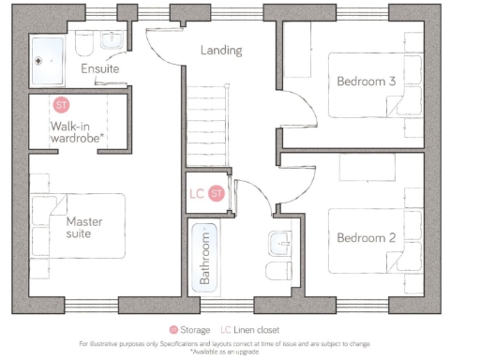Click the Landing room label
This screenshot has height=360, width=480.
pos(221,50)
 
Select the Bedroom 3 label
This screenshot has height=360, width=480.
pos(365,82)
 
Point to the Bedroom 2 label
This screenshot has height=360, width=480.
pos(366,237)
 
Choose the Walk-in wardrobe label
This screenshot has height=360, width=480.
pos(77,131)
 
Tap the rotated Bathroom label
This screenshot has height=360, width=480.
pos(204,262)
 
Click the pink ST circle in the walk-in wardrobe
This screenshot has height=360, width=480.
pos(62,104)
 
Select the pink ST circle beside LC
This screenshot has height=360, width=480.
pos(217,194)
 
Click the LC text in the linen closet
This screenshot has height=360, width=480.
pos(197,194)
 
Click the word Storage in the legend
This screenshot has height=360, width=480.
pos(195,329)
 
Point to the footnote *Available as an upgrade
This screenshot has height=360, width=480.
pos(239,352)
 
